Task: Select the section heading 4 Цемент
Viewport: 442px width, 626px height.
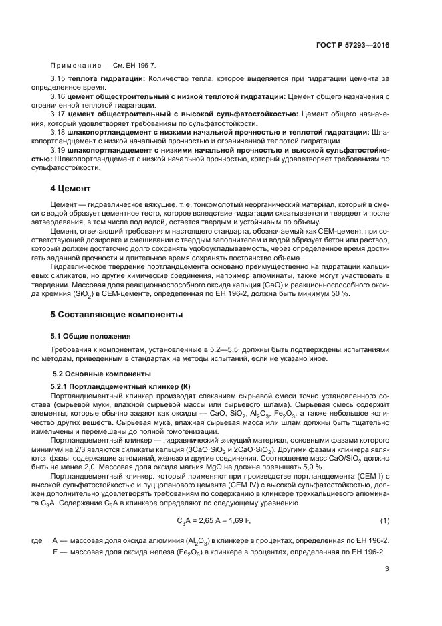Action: (x=71, y=188)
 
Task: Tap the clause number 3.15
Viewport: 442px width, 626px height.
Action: (x=59, y=79)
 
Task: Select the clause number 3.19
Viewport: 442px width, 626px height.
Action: (x=59, y=150)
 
